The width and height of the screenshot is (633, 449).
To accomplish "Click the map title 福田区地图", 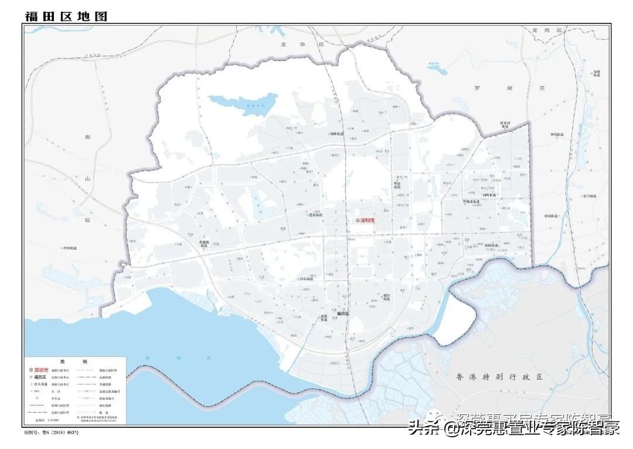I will [66, 15].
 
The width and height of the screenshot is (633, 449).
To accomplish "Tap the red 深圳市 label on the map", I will [367, 220].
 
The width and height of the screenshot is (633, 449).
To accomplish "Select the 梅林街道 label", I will [339, 134].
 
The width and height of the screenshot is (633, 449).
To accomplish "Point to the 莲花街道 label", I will [315, 215].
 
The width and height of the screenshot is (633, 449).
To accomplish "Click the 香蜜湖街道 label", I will [203, 244].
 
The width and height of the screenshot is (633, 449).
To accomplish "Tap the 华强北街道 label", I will [471, 201].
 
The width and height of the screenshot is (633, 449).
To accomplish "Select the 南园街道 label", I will [492, 245].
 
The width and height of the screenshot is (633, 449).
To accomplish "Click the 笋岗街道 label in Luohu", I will [557, 134].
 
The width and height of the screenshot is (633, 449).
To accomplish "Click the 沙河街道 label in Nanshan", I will [69, 248].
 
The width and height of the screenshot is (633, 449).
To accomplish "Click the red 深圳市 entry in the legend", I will [42, 370].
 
